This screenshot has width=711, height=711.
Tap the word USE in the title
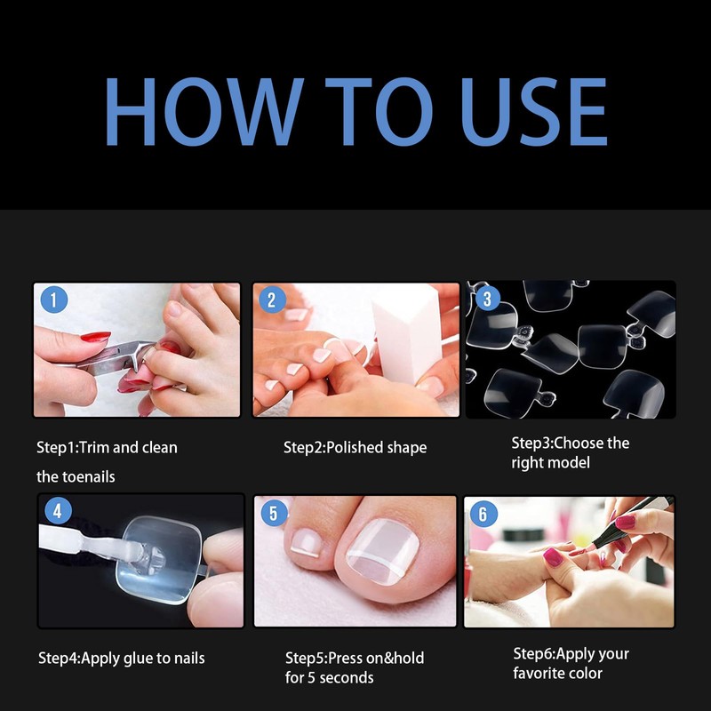coord(534,112)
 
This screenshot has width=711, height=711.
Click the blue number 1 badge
coord(54,300)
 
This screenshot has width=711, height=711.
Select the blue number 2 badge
coord(272,300)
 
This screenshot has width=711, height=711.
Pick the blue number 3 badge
coord(487,299)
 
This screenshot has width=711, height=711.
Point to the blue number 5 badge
coord(274,513)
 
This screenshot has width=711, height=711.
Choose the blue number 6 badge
coord(483,514)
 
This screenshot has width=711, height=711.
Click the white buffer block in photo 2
coord(407,341)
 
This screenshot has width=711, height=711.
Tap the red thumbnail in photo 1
coord(95,337)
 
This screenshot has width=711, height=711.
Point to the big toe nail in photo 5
coord(382,551)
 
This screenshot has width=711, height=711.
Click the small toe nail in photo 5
coord(307,542)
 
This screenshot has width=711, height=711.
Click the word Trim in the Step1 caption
coord(95,448)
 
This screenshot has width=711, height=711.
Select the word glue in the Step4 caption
coord(138,659)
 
